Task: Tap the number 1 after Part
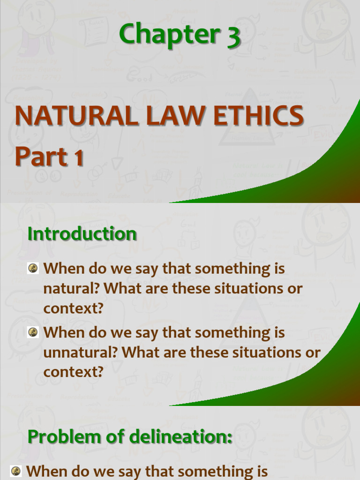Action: point(78,157)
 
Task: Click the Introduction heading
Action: point(82,233)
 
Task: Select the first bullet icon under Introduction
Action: point(33,268)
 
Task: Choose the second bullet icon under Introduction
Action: point(33,332)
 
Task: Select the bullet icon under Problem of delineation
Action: point(16,470)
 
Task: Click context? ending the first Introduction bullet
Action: point(73,308)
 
